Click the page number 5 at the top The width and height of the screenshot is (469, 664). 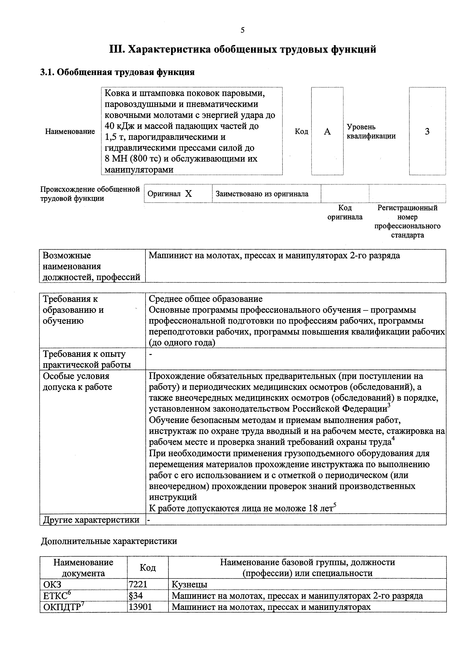242,30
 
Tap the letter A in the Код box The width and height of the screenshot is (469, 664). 327,132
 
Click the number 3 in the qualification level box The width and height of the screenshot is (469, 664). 427,132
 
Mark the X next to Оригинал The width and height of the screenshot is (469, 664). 188,194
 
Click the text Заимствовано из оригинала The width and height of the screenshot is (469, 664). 262,194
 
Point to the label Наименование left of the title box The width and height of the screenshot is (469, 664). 70,132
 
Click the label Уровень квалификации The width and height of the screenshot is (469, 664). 371,132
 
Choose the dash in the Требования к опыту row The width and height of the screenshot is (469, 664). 150,354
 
